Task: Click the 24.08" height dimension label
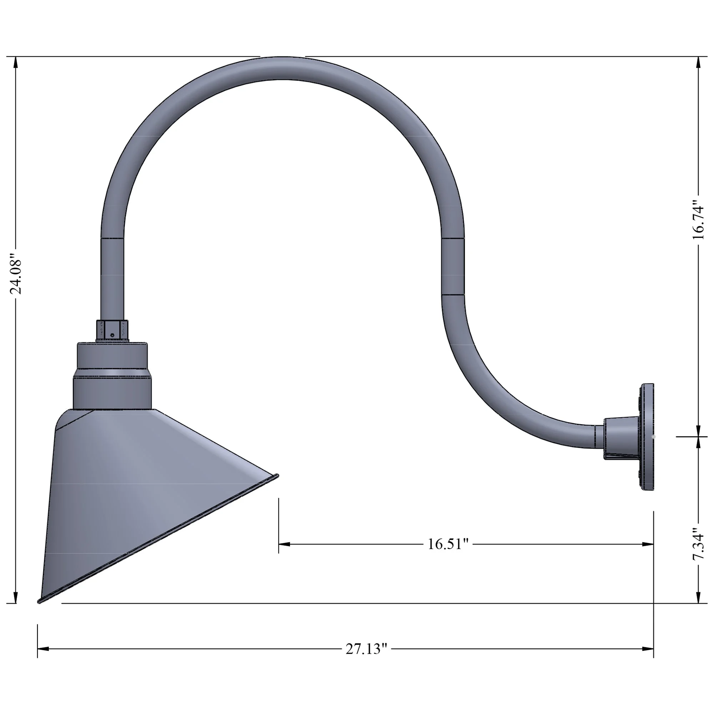click(x=15, y=273)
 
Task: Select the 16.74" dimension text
click(x=698, y=220)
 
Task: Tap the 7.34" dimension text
click(x=698, y=544)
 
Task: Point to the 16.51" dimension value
click(x=448, y=544)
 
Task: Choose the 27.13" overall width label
click(x=366, y=649)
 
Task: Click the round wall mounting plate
click(x=648, y=437)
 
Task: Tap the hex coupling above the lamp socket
click(x=112, y=330)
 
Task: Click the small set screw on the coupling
click(x=112, y=335)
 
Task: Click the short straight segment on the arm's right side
click(x=453, y=267)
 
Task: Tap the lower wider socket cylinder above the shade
click(x=112, y=392)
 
